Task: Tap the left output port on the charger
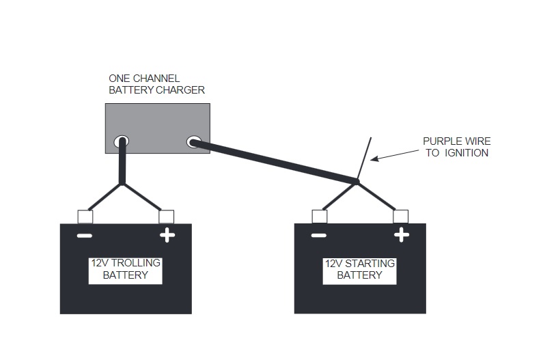point(122,142)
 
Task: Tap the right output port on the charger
point(193,142)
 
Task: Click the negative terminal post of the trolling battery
point(85,217)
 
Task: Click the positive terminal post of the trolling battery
point(166,217)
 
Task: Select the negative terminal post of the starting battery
point(319,217)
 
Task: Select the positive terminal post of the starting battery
point(401,217)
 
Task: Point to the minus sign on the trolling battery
point(85,236)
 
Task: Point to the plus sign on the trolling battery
point(167,236)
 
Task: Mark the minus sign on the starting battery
point(319,236)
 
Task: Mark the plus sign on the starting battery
point(402,236)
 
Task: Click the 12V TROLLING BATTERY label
point(126,270)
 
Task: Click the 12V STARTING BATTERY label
point(360,269)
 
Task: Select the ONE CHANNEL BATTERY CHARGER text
point(156,84)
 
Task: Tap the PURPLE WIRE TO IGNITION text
point(456,147)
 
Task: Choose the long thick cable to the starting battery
point(273,162)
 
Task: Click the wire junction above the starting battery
point(357,182)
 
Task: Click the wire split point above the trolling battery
point(122,183)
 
